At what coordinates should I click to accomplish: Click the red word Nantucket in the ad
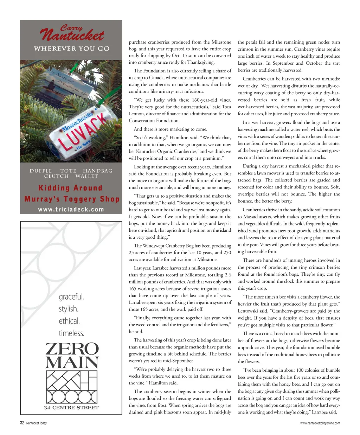[72, 36]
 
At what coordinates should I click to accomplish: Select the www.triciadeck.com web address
[71, 209]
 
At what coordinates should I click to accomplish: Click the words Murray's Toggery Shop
[72, 199]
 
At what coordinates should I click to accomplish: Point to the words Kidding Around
[70, 188]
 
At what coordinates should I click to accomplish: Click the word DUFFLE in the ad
[41, 171]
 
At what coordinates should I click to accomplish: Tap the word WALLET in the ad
[86, 176]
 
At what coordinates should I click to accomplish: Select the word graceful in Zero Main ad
[71, 297]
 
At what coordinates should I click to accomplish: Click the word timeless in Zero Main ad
[71, 333]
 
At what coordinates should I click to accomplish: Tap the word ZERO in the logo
[72, 349]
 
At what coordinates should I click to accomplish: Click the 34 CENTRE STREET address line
[71, 408]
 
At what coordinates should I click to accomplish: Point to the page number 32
[22, 423]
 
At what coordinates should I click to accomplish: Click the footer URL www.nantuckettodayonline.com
[320, 423]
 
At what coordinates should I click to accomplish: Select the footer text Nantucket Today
[37, 423]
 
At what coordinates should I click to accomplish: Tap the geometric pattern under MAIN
[72, 386]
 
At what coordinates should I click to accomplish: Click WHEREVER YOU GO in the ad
[72, 49]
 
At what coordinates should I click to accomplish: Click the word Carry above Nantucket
[71, 27]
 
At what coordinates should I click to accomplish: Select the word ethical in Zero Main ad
[69, 321]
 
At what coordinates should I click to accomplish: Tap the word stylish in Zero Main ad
[69, 309]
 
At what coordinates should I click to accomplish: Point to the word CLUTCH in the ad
[56, 176]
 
